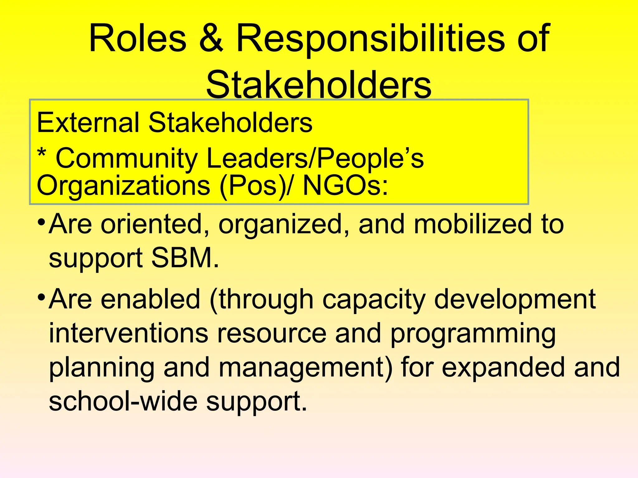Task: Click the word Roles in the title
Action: [137, 39]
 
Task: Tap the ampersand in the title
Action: [211, 39]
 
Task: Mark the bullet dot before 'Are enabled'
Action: [41, 297]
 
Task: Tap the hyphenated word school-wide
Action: [123, 401]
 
